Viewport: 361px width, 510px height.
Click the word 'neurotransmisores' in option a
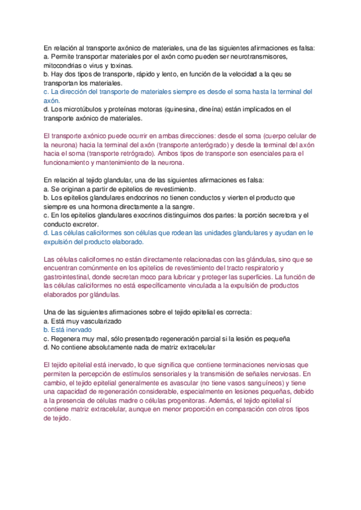point(258,57)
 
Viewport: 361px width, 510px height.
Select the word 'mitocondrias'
point(64,66)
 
